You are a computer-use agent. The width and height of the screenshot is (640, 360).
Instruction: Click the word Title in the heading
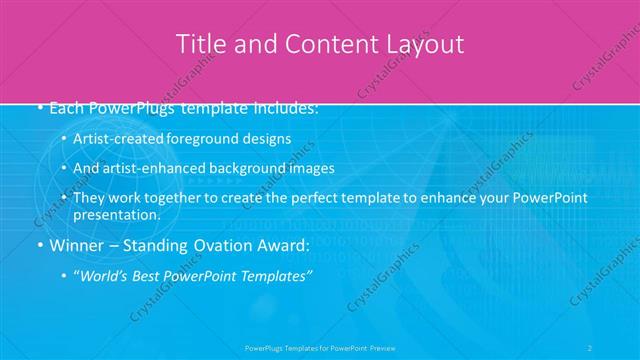click(x=199, y=44)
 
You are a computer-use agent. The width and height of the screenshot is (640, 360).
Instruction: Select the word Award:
click(x=284, y=245)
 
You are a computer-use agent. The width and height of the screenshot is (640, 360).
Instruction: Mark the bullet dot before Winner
click(x=39, y=245)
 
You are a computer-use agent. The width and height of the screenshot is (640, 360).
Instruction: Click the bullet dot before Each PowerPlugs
click(x=39, y=107)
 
